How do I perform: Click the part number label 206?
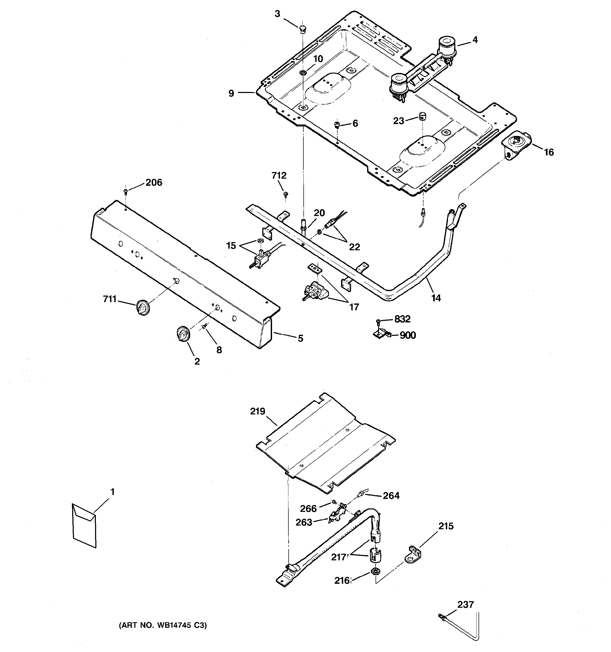coord(154,182)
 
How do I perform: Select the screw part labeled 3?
coord(302,29)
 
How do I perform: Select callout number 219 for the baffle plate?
coord(258,411)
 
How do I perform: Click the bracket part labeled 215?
coord(413,554)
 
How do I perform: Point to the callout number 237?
coord(465,604)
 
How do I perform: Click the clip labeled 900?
coord(381,335)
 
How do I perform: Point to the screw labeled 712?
coord(286,194)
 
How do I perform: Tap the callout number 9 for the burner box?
coord(231,94)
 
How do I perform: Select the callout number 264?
coord(391,496)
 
